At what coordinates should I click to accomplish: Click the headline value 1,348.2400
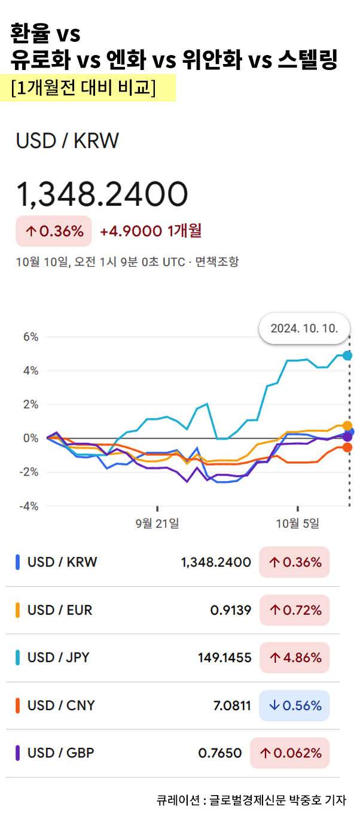(102, 194)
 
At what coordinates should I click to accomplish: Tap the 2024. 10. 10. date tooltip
(304, 328)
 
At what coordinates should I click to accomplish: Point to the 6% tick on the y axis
(30, 337)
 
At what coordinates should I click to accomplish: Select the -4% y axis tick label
(29, 506)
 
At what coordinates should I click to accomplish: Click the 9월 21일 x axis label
(157, 523)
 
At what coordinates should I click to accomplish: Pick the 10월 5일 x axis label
(297, 523)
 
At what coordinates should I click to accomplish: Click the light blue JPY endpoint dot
(347, 355)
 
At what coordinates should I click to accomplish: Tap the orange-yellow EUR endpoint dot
(347, 426)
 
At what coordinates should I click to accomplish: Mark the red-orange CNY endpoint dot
(347, 447)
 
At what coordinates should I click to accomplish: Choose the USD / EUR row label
(60, 610)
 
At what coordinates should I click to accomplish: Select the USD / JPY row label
(59, 657)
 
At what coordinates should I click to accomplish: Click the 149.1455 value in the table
(224, 658)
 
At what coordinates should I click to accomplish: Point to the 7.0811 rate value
(232, 705)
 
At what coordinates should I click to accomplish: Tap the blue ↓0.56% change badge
(294, 705)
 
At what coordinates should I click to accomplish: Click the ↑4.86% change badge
(294, 658)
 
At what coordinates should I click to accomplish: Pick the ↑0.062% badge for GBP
(289, 753)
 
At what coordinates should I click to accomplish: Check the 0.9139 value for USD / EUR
(230, 610)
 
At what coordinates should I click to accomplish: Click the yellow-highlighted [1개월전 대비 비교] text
(83, 87)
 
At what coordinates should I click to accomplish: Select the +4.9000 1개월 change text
(151, 231)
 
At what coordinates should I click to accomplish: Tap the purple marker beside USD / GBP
(18, 753)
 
